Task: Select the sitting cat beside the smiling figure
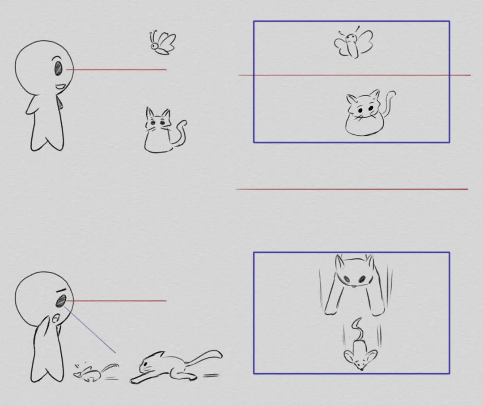[159, 132]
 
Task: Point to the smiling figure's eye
[59, 68]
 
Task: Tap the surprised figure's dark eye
[59, 301]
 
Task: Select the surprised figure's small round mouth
[55, 319]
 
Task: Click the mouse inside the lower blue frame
[360, 354]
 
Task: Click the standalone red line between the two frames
[352, 189]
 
